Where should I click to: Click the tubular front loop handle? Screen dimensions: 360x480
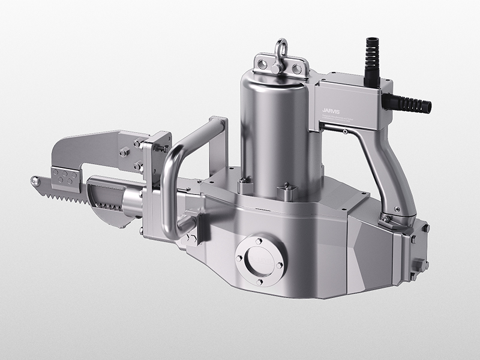pos(180,174)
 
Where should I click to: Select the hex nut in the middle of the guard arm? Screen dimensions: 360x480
pos(124,152)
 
